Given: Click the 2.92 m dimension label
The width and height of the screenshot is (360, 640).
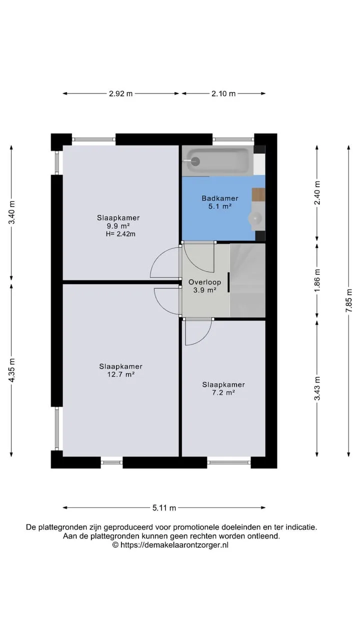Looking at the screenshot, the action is click(x=120, y=93).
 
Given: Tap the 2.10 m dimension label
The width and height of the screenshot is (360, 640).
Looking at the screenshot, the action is click(x=223, y=93).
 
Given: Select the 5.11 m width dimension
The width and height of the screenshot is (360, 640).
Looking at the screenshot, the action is click(x=164, y=507).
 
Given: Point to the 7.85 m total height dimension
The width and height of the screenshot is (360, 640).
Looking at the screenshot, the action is click(x=349, y=300).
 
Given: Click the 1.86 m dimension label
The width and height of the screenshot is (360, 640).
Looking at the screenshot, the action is click(x=317, y=280).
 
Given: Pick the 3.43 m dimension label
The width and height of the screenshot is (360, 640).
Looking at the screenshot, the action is click(x=317, y=388).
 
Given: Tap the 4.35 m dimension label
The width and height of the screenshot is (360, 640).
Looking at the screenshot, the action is click(x=11, y=370).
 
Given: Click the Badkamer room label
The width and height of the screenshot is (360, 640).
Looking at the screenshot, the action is click(x=219, y=198).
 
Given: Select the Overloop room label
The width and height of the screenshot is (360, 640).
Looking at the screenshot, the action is click(x=204, y=282).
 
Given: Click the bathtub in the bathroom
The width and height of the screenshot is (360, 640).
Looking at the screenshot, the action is click(x=217, y=161).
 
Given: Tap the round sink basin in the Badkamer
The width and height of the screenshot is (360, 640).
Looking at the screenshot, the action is click(x=255, y=219).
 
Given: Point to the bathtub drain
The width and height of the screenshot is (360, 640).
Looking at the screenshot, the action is click(x=195, y=161).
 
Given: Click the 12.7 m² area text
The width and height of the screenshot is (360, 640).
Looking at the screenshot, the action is click(x=120, y=374).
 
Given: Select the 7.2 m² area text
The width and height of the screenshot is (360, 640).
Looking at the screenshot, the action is click(x=223, y=392).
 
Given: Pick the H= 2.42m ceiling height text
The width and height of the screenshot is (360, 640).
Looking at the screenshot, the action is click(x=120, y=234).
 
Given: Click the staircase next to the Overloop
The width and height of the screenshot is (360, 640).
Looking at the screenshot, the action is click(x=247, y=280).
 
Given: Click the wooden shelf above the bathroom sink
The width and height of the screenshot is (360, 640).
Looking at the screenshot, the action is click(x=258, y=194).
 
